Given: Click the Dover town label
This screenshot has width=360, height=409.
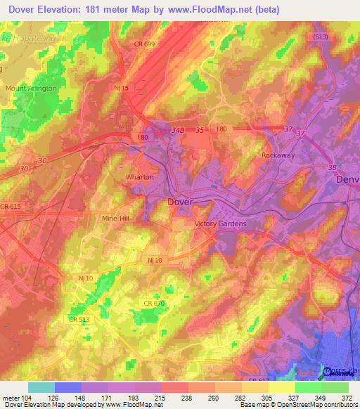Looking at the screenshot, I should click(180, 202).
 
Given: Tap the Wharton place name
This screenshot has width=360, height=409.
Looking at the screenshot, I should click(139, 177).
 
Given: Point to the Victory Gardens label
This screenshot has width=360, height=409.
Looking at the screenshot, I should click(220, 224).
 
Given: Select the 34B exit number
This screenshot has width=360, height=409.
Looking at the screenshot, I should click(177, 130).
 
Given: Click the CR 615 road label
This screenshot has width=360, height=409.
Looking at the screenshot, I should click(11, 206).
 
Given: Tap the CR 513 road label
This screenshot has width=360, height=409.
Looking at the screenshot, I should click(79, 320).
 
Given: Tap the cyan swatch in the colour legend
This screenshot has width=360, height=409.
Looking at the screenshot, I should click(41, 387).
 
